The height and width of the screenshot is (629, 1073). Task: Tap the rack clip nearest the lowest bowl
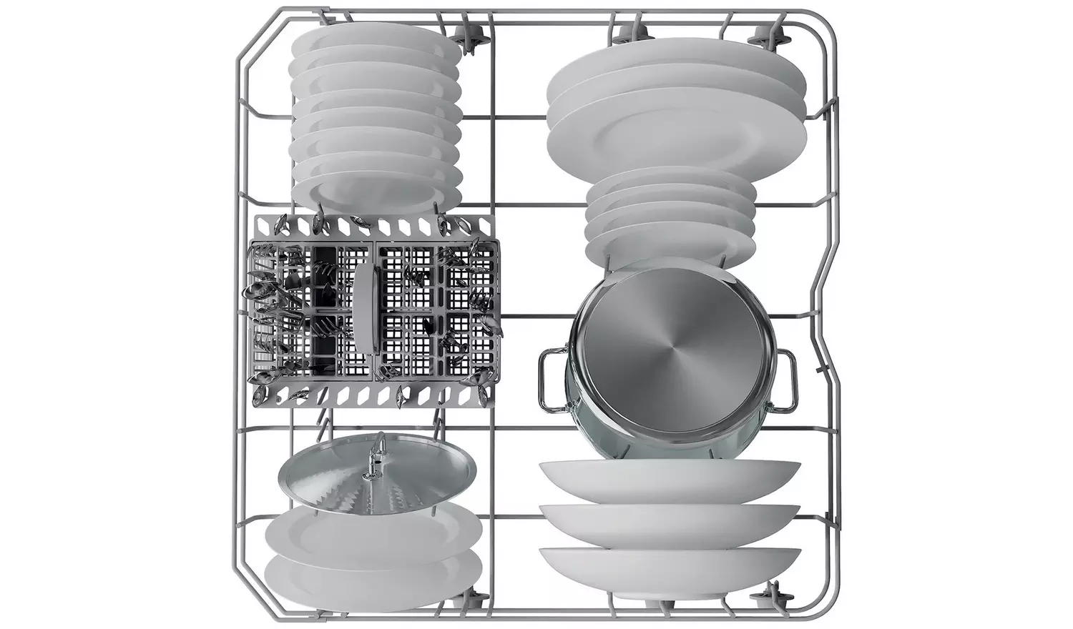[773, 590]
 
